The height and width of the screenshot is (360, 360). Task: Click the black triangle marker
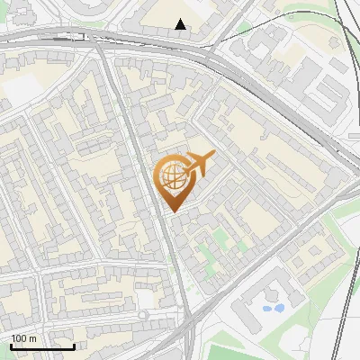[181, 24]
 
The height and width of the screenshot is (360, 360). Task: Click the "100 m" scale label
[24, 338]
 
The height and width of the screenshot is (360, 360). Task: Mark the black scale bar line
[42, 346]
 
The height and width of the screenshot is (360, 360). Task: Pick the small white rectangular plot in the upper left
[20, 90]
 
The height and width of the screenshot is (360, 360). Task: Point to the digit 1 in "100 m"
[13, 338]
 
